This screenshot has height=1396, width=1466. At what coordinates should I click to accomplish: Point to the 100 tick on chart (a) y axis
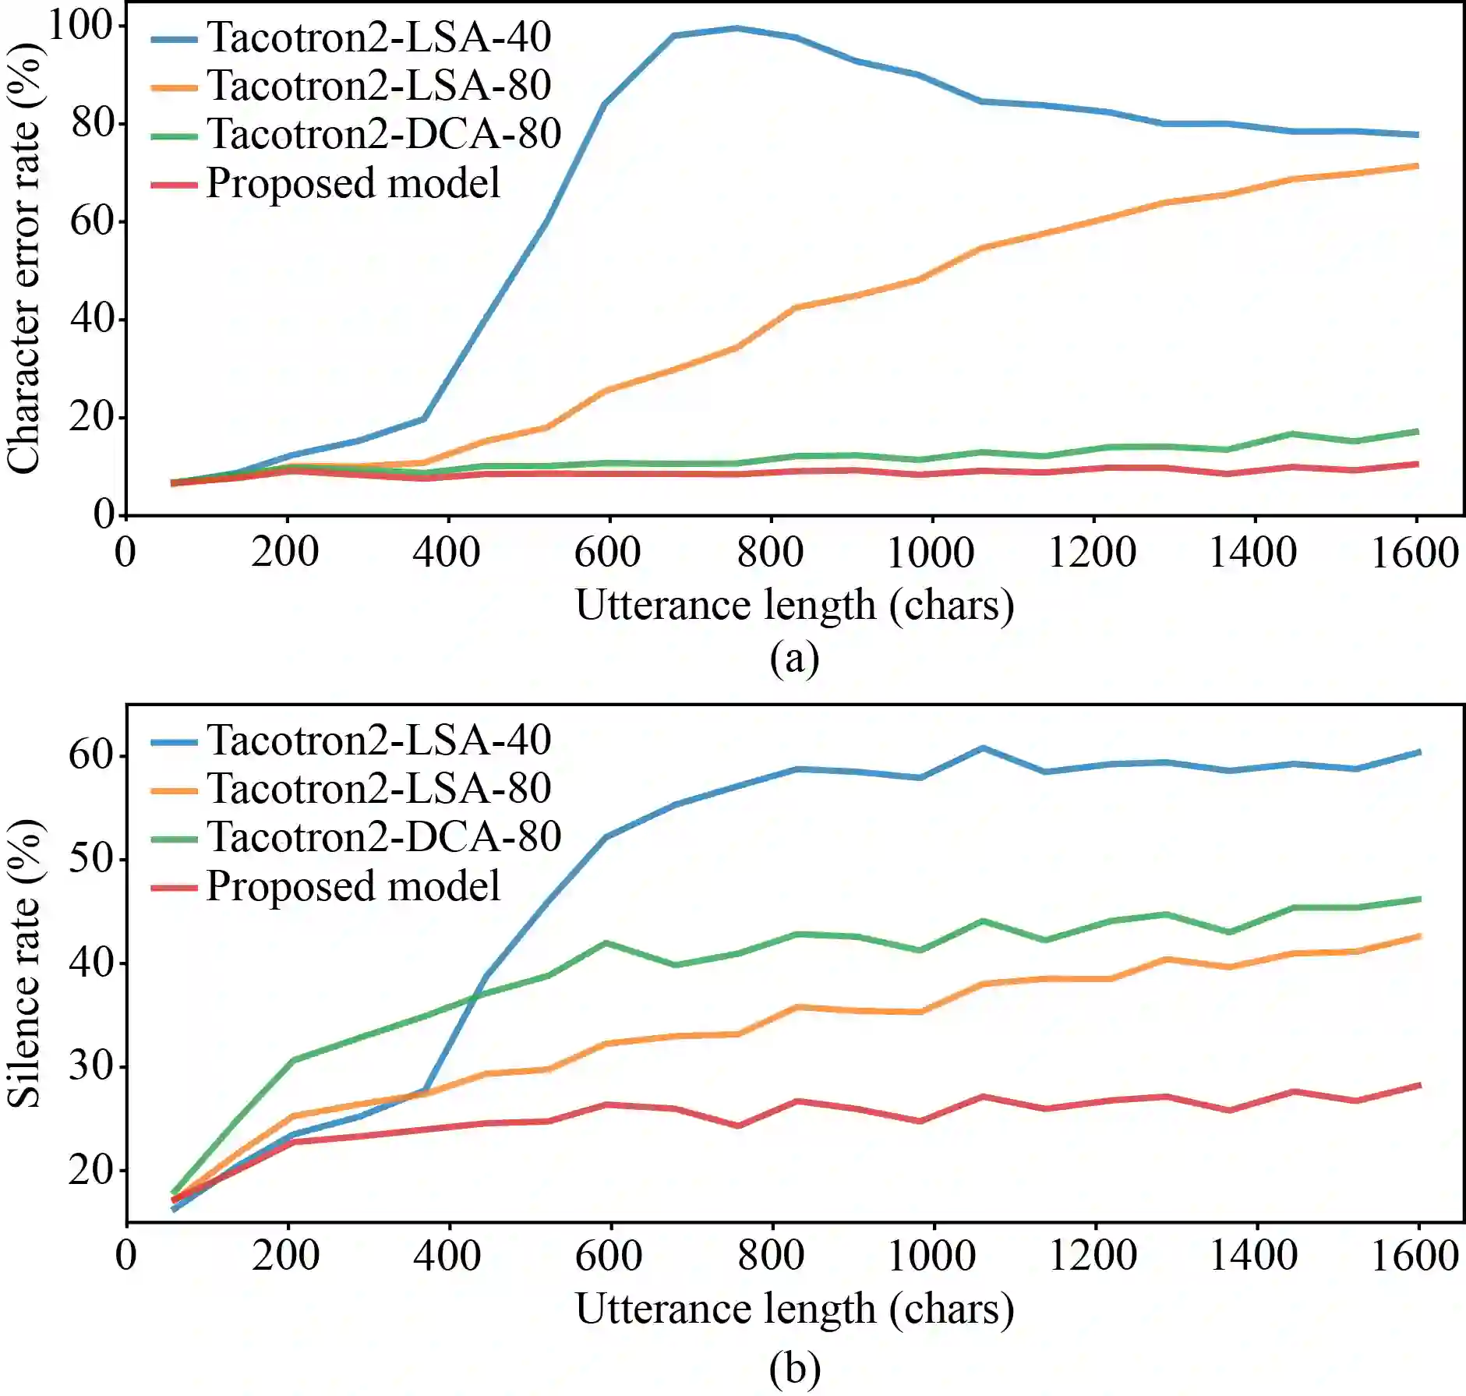pos(80,25)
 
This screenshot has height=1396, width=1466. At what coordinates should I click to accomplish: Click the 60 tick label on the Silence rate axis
pos(90,755)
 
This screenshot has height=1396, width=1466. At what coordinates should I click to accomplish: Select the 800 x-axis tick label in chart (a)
pos(770,553)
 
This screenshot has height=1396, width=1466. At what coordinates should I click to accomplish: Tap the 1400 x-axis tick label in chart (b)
pos(1253,1255)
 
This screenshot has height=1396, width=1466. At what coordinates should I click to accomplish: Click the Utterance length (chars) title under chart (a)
pos(794,606)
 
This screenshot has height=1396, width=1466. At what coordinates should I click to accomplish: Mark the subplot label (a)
pos(794,659)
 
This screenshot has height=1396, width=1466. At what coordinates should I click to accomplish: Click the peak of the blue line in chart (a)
pos(736,29)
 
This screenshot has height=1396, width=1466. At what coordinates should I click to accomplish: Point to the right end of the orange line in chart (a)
pos(1416,166)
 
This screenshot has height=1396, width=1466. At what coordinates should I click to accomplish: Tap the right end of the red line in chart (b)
pos(1418,1085)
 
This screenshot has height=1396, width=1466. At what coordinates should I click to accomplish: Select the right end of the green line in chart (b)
pos(1418,899)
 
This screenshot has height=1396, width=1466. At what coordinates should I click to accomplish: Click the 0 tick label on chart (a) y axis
pos(103,514)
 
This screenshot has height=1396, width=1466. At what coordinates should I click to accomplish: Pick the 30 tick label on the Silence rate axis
pos(90,1066)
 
